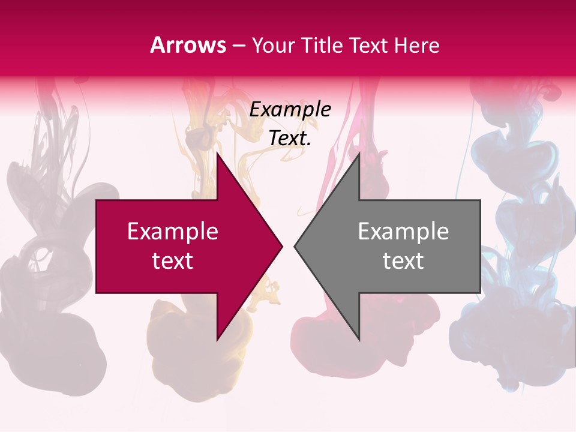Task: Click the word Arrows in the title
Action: pos(188,45)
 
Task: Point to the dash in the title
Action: pos(238,46)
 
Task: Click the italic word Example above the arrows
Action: pos(290,109)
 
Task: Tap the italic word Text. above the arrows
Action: pos(290,138)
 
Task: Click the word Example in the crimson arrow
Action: pos(172,232)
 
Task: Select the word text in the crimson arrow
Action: pos(172,261)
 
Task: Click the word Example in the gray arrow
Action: pos(403,232)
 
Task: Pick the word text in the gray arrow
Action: pos(403,261)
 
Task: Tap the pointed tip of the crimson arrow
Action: pos(281,246)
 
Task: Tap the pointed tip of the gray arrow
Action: pos(295,246)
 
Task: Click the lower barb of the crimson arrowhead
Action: pos(218,337)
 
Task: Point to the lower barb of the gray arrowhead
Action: pos(358,337)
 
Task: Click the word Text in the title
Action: pos(368,45)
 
